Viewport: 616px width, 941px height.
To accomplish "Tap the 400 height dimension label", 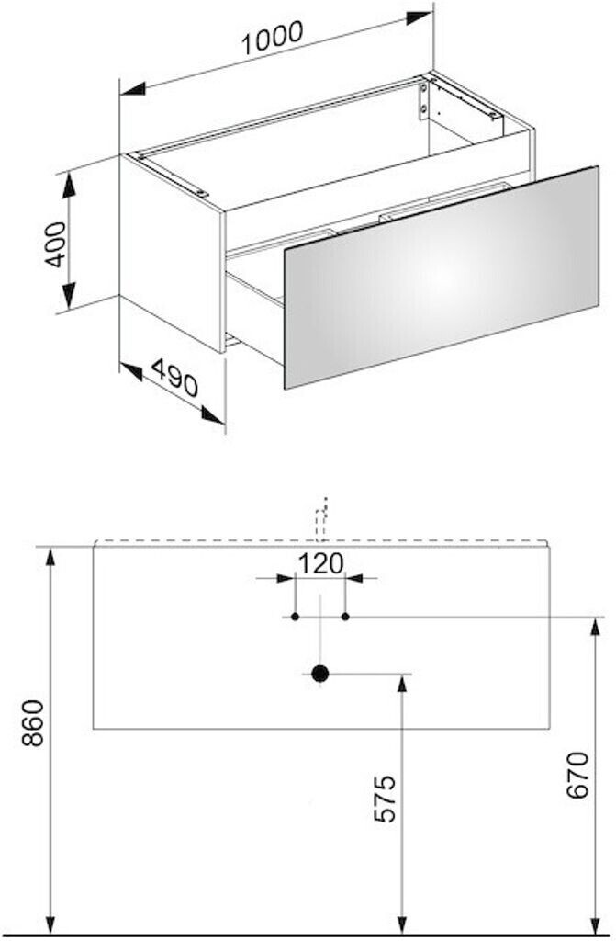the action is [x=54, y=244].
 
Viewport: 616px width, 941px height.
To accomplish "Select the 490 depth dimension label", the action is [x=174, y=377].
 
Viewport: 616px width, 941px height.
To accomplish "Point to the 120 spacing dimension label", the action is [x=319, y=561].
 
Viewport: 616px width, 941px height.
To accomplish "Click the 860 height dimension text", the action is [x=32, y=723].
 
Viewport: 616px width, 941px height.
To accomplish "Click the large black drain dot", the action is [x=319, y=674].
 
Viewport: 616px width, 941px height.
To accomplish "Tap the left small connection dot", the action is [x=295, y=617].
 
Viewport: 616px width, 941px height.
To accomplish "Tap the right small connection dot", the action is [x=345, y=617].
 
